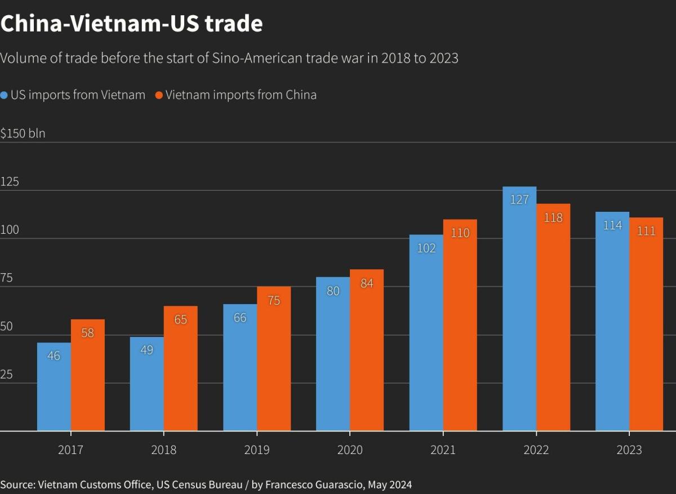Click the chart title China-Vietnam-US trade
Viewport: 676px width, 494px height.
tap(131, 24)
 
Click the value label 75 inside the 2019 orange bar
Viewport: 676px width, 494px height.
tap(274, 301)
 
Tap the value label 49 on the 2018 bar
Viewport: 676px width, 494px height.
tap(146, 350)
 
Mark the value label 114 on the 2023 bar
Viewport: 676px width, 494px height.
tap(612, 225)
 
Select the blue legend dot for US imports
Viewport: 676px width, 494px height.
tap(5, 95)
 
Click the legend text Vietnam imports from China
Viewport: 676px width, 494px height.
tap(241, 95)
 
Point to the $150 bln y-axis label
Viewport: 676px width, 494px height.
tap(23, 133)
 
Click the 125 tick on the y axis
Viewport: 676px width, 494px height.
tap(10, 182)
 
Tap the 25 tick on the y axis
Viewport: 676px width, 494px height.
tap(7, 375)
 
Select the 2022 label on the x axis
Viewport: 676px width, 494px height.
tap(536, 450)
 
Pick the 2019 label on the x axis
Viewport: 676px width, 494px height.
tap(257, 450)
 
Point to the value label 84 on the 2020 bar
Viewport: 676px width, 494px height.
tap(367, 283)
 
